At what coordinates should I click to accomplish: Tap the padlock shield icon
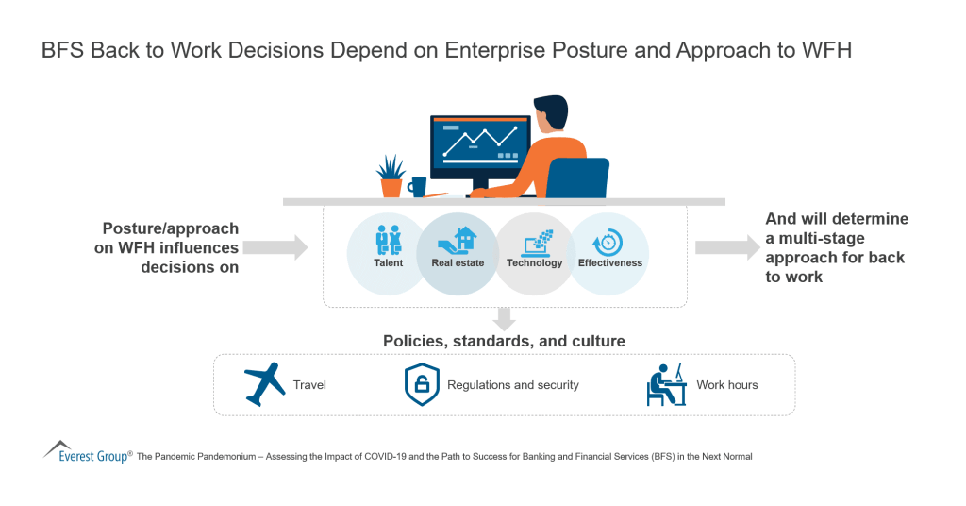click(422, 384)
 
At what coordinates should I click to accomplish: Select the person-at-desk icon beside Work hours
click(666, 383)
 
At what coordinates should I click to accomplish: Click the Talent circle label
click(388, 262)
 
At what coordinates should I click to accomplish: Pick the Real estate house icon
click(459, 241)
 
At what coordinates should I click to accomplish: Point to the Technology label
click(534, 262)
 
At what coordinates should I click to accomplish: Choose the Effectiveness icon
click(610, 241)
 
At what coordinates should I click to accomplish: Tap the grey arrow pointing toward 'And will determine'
click(727, 247)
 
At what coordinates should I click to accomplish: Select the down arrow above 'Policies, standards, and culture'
click(505, 318)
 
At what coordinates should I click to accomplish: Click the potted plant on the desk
click(391, 176)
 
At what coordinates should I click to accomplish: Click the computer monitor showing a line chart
click(480, 146)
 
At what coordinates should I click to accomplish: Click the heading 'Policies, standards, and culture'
click(504, 341)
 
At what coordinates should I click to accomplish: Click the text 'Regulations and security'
click(513, 385)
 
